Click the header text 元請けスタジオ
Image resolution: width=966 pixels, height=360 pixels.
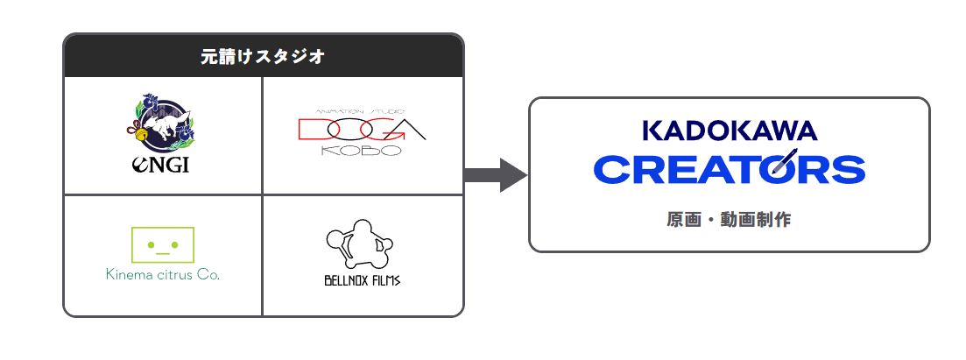pyautogui.click(x=263, y=57)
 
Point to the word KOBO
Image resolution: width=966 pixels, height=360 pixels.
pyautogui.click(x=361, y=150)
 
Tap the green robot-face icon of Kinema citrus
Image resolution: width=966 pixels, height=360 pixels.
pyautogui.click(x=162, y=244)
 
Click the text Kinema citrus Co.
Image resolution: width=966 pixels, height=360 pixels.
pyautogui.click(x=162, y=274)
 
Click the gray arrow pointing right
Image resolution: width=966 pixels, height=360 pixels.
pyautogui.click(x=495, y=174)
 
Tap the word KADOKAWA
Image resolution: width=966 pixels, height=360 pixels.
pyautogui.click(x=730, y=131)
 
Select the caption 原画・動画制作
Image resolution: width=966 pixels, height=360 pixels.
pyautogui.click(x=729, y=219)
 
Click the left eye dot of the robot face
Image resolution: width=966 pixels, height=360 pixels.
pyautogui.click(x=151, y=244)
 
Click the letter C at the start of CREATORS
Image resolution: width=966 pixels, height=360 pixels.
pyautogui.click(x=610, y=168)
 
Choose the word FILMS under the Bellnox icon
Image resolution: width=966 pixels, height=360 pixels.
pyautogui.click(x=384, y=282)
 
